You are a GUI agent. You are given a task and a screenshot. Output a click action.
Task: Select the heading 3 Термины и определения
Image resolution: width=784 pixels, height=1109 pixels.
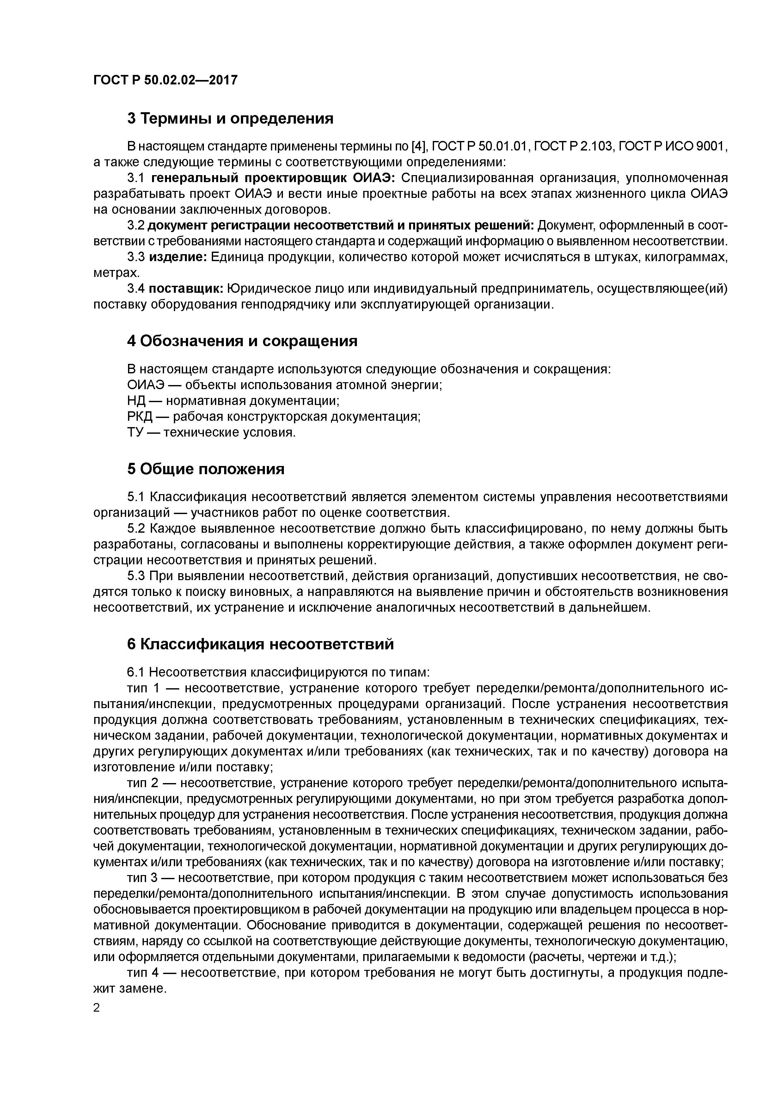[230, 118]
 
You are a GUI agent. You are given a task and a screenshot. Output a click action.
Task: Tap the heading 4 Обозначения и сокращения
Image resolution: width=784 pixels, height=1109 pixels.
[242, 341]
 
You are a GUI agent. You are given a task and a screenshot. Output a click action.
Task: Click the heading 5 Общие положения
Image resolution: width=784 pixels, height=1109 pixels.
[206, 469]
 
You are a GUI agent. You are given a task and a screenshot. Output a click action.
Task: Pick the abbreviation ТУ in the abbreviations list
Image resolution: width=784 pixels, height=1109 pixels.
[136, 432]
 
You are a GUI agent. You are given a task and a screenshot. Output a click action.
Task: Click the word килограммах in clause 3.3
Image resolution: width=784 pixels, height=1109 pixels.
[680, 257]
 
